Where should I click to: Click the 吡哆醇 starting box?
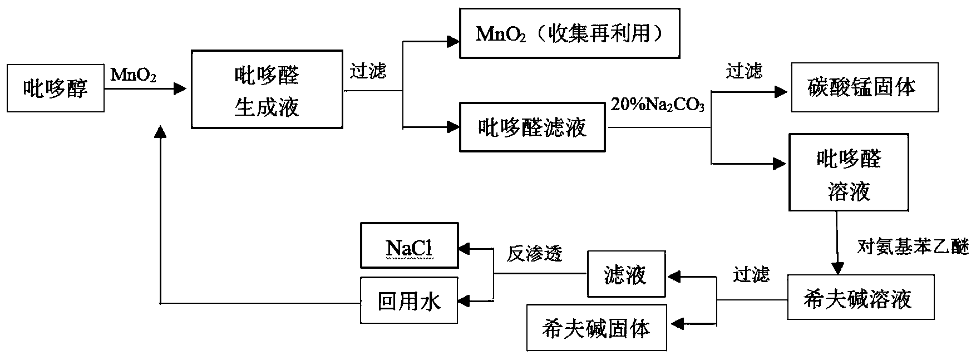pyautogui.click(x=56, y=88)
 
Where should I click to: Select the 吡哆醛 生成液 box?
pyautogui.click(x=267, y=90)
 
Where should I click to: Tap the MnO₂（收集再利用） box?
pyautogui.click(x=569, y=33)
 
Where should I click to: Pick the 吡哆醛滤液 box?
pyautogui.click(x=532, y=127)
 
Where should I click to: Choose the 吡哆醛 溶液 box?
pyautogui.click(x=849, y=172)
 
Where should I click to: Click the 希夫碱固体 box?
pyautogui.click(x=597, y=328)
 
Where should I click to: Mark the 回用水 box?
pyautogui.click(x=409, y=301)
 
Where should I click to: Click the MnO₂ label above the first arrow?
pyautogui.click(x=134, y=74)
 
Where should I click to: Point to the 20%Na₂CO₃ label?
pyautogui.click(x=658, y=105)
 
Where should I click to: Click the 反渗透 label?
pyautogui.click(x=534, y=254)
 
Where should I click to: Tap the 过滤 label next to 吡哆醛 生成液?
pyautogui.click(x=368, y=71)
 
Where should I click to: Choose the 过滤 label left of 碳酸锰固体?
pyautogui.click(x=744, y=71)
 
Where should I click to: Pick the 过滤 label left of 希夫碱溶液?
pyautogui.click(x=751, y=274)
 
